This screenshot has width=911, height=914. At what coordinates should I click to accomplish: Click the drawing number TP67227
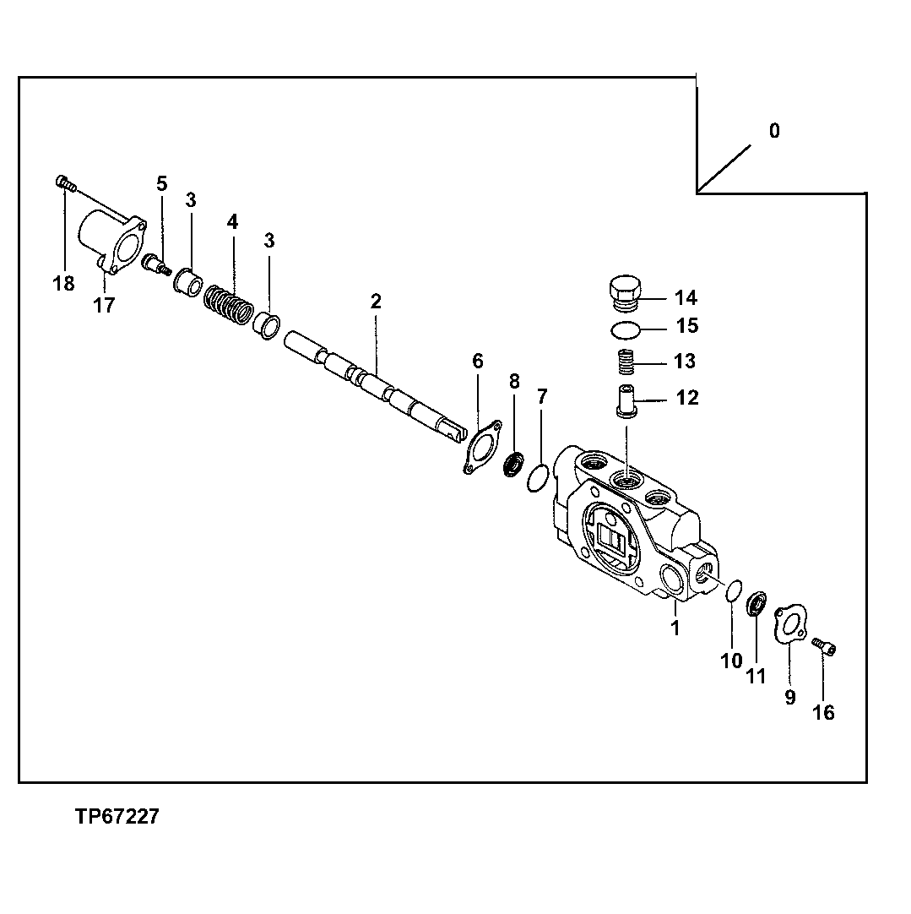pyautogui.click(x=116, y=818)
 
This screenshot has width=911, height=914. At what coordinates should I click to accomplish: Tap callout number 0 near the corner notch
pyautogui.click(x=774, y=131)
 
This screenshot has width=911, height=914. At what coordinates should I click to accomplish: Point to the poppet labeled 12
pyautogui.click(x=626, y=399)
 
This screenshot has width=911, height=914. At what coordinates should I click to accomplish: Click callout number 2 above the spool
pyautogui.click(x=376, y=302)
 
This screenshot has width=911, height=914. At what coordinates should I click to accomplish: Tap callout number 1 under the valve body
pyautogui.click(x=675, y=628)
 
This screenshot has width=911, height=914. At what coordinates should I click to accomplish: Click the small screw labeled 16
pyautogui.click(x=825, y=647)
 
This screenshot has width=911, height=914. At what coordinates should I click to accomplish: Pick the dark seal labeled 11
pyautogui.click(x=757, y=605)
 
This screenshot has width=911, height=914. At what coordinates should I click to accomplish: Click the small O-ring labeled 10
pyautogui.click(x=734, y=590)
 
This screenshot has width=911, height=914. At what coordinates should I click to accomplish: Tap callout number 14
pyautogui.click(x=686, y=297)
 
